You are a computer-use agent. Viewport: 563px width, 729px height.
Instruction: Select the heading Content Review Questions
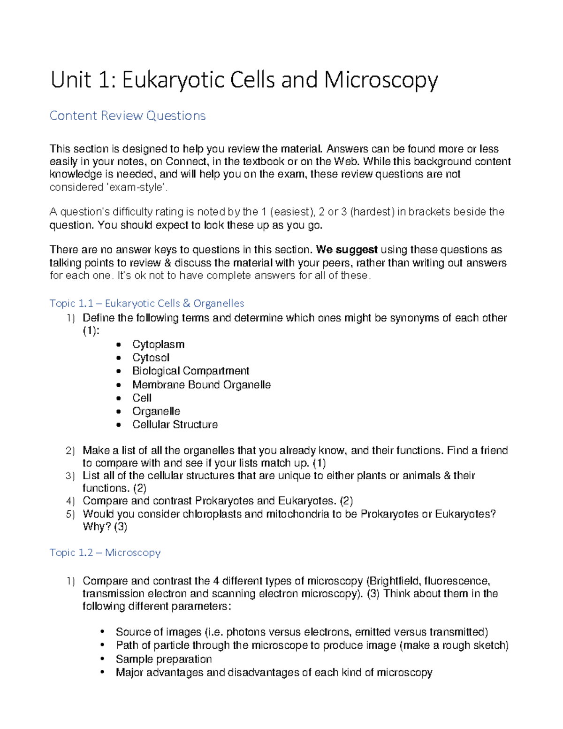(x=128, y=116)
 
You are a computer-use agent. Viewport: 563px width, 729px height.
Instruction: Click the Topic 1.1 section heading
(x=147, y=303)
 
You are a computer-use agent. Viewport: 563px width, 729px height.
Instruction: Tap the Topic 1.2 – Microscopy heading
(x=105, y=553)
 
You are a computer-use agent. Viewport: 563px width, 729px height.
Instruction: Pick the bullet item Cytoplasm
(x=158, y=345)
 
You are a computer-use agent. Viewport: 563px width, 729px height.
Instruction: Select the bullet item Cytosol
(x=151, y=358)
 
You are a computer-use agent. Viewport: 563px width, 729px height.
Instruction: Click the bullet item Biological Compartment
(x=190, y=371)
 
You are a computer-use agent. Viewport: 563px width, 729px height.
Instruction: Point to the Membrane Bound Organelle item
(x=201, y=385)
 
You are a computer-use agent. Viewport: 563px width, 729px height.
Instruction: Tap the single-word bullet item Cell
(x=142, y=398)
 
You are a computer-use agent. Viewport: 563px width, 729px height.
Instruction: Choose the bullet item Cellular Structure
(x=175, y=425)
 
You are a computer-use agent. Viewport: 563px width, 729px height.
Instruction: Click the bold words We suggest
(x=347, y=250)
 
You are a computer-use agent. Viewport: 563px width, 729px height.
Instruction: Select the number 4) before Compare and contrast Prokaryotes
(x=70, y=501)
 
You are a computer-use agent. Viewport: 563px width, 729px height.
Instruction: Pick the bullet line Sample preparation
(x=164, y=660)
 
